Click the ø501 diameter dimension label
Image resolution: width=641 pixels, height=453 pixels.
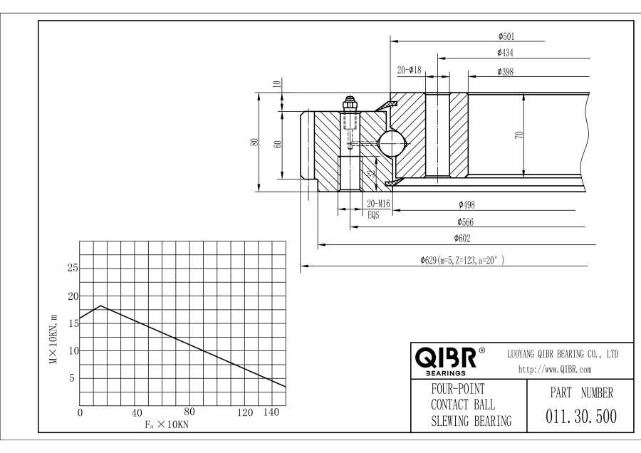(x=507, y=36)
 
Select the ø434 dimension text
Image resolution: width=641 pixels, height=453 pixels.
(x=506, y=53)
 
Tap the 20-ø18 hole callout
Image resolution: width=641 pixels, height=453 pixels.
(x=410, y=71)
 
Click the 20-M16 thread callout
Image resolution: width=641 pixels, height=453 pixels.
(x=379, y=204)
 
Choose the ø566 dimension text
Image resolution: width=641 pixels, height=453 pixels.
(x=467, y=221)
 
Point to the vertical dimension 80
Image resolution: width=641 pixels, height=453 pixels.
(x=254, y=142)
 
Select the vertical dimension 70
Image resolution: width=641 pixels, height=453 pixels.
(x=519, y=135)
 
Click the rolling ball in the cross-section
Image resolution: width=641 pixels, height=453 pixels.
(x=390, y=142)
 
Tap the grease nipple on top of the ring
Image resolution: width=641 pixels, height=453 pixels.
(x=350, y=103)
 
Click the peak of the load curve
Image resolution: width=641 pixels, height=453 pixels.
(x=101, y=306)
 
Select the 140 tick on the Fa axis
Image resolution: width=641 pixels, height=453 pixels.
(x=271, y=413)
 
